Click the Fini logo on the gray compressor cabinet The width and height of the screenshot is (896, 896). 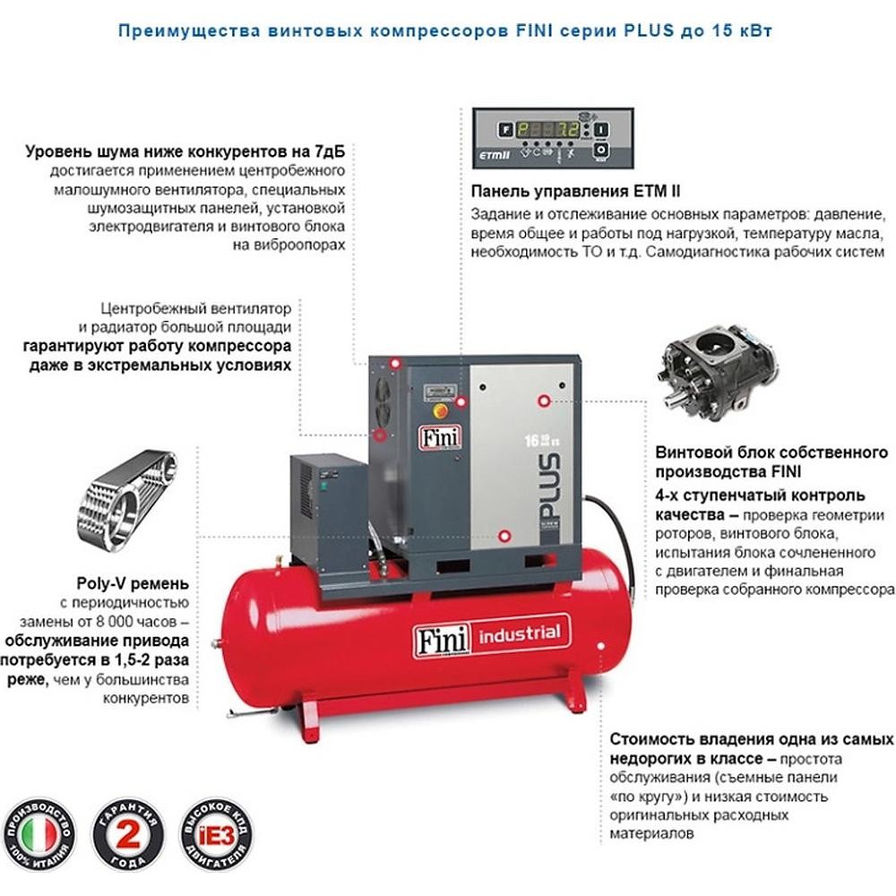pyautogui.click(x=434, y=436)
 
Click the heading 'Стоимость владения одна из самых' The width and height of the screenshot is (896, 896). pyautogui.click(x=751, y=739)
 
